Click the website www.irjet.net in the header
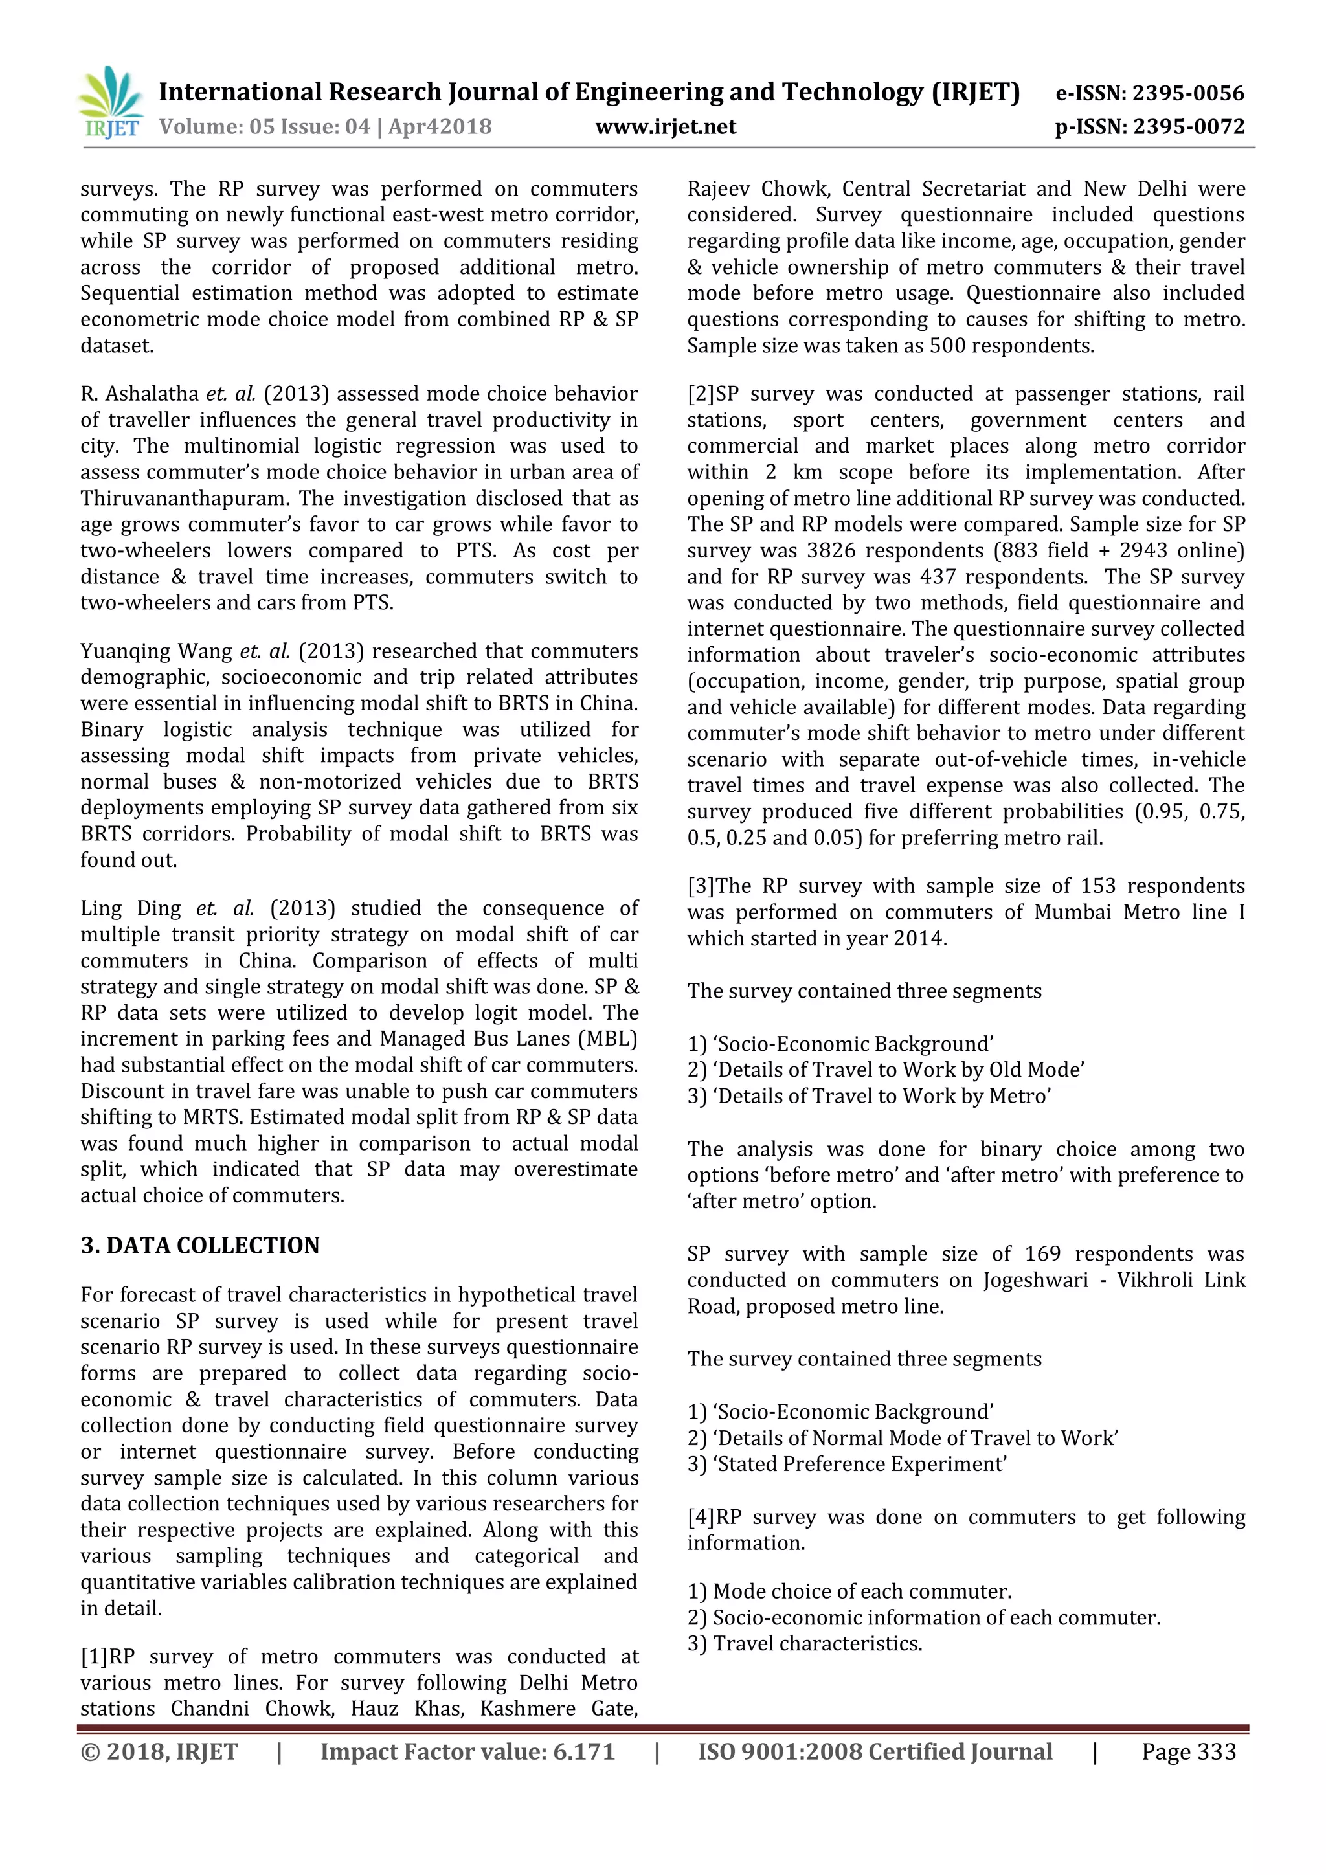pyautogui.click(x=666, y=127)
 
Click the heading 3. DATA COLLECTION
pyautogui.click(x=200, y=1246)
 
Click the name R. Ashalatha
pyautogui.click(x=139, y=394)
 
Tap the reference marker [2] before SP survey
pyautogui.click(x=701, y=394)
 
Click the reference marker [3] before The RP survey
pyautogui.click(x=701, y=886)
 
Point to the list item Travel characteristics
pyautogui.click(x=816, y=1643)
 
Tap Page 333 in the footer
pyautogui.click(x=1188, y=1752)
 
